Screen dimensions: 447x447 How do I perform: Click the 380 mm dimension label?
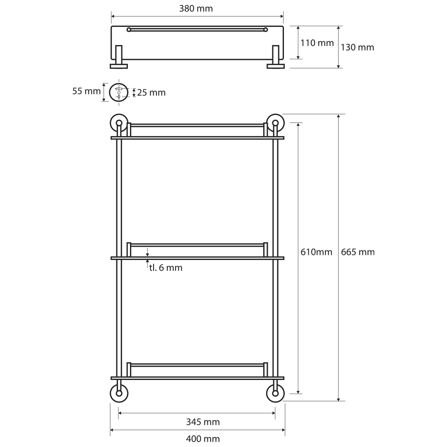[196, 9]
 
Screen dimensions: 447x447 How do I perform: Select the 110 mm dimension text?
[317, 43]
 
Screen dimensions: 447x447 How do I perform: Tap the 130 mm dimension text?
[358, 47]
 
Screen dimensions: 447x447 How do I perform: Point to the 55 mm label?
[87, 91]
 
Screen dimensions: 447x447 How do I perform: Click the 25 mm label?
[151, 93]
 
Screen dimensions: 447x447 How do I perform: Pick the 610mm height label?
[317, 252]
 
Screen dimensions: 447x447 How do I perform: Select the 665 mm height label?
[358, 252]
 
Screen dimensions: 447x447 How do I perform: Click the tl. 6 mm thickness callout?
[166, 268]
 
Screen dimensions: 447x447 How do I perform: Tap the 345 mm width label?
[203, 422]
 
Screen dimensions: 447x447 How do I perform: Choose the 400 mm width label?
[203, 439]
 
